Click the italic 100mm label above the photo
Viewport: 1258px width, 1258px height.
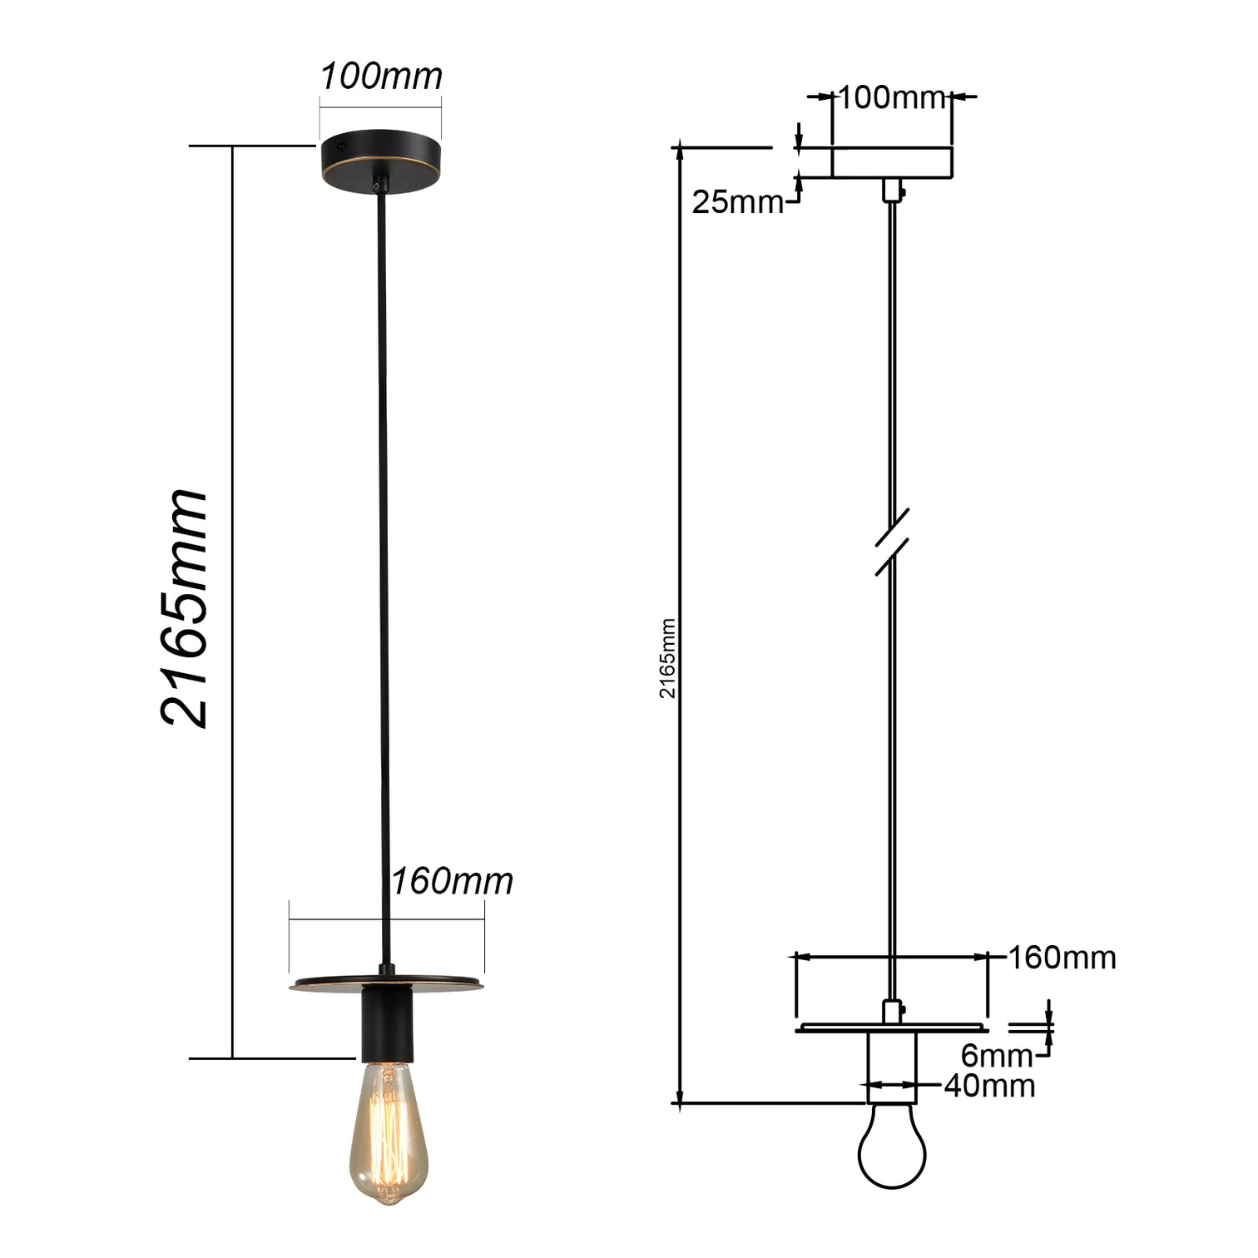[381, 77]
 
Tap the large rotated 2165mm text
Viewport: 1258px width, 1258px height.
[184, 608]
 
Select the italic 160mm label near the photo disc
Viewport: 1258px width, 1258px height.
[452, 881]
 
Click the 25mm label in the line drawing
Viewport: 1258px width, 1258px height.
[737, 202]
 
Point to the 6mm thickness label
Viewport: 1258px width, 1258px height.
[996, 1056]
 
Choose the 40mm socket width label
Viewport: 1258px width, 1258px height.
[989, 1086]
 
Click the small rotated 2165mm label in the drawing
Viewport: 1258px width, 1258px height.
[668, 658]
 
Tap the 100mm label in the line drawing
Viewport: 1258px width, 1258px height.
[891, 98]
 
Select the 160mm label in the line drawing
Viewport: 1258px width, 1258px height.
[1062, 958]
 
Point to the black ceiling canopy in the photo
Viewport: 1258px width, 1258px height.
[381, 156]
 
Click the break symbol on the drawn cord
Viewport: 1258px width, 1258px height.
[892, 542]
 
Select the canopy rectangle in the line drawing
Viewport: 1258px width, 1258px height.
[892, 163]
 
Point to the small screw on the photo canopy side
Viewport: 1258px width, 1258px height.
[342, 146]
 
